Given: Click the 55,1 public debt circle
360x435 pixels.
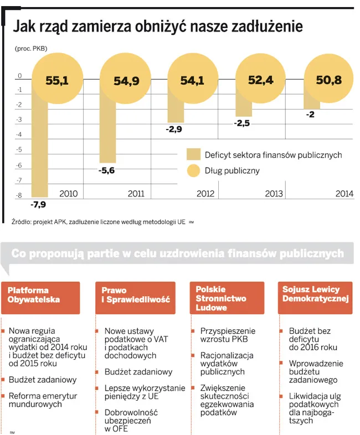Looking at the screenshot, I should pyautogui.click(x=56, y=81).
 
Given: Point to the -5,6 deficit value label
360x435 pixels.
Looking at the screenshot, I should pyautogui.click(x=106, y=170).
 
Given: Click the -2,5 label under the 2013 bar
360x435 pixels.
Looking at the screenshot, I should pyautogui.click(x=242, y=123).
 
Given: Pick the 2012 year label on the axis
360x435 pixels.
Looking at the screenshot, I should pyautogui.click(x=206, y=194).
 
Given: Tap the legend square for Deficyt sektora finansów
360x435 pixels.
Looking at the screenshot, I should pyautogui.click(x=193, y=154).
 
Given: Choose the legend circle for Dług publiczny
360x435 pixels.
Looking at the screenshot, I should pyautogui.click(x=193, y=170).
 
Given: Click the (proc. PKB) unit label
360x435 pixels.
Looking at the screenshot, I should pyautogui.click(x=31, y=48).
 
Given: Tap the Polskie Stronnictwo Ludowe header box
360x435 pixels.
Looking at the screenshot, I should pyautogui.click(x=229, y=298).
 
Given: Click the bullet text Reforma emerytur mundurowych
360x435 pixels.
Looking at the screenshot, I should pyautogui.click(x=43, y=400).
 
